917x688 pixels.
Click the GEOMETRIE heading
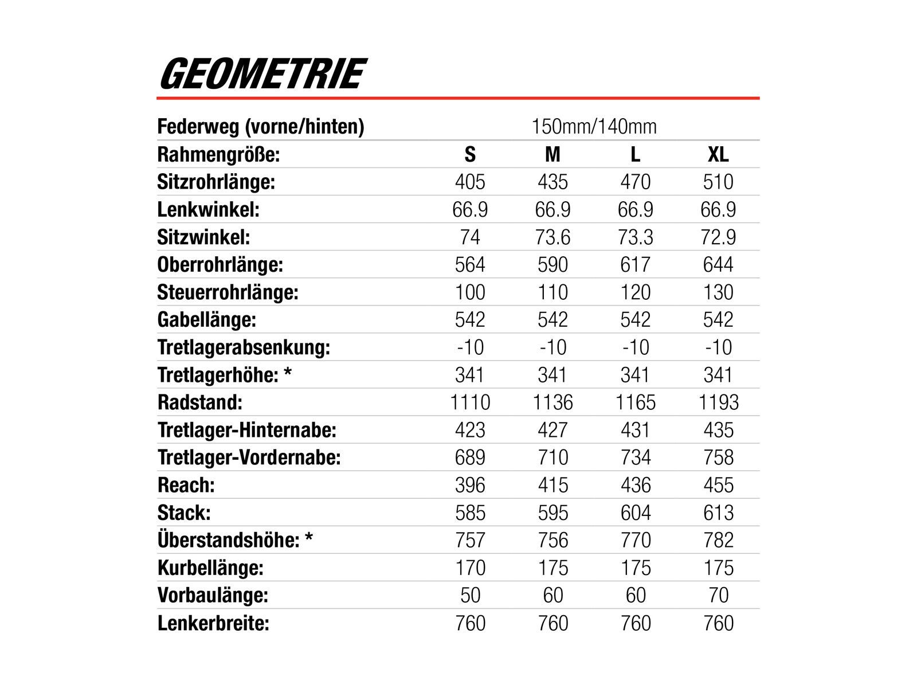(x=261, y=74)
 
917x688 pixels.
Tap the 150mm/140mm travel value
(x=594, y=126)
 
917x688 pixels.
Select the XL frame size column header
(x=718, y=154)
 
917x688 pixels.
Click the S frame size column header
(x=470, y=154)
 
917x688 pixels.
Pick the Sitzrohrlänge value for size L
(x=635, y=182)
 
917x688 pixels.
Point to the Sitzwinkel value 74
(x=470, y=237)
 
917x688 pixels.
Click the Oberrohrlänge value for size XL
(x=718, y=264)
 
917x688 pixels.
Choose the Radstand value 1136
(x=552, y=402)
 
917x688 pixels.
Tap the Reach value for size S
(x=470, y=485)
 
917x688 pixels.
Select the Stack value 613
(x=718, y=513)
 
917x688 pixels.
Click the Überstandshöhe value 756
(x=552, y=540)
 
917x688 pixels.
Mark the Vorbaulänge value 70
(x=718, y=595)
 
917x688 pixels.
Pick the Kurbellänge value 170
(x=470, y=568)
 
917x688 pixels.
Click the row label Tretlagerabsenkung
(x=244, y=347)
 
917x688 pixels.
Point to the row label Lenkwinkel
(x=208, y=209)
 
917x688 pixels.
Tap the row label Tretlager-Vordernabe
(x=249, y=458)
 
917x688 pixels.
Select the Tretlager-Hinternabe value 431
(x=635, y=430)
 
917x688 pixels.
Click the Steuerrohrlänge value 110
(x=552, y=292)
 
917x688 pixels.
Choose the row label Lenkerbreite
(x=213, y=623)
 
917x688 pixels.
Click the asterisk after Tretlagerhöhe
(x=288, y=373)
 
